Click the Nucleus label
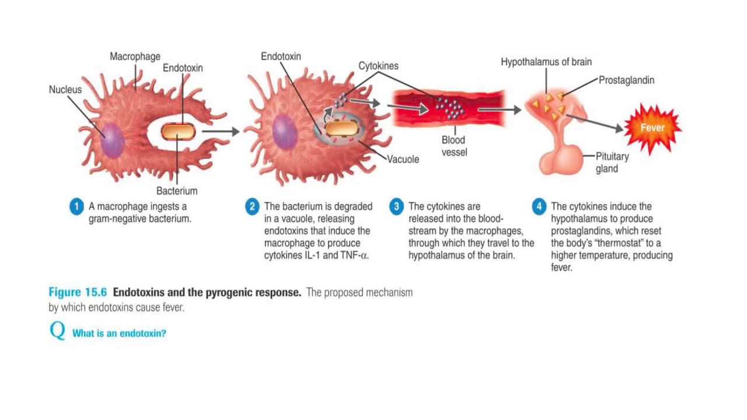tap(65, 89)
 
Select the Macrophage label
tap(135, 57)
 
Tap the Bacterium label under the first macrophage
tap(177, 191)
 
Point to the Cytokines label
tap(378, 66)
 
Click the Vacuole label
tap(403, 159)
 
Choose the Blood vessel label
tap(454, 146)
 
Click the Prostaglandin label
tap(627, 80)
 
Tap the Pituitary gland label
tap(612, 162)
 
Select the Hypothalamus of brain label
tap(546, 62)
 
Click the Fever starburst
tap(652, 128)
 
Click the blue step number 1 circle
tap(76, 206)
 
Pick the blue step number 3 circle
tap(396, 206)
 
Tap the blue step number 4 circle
tap(539, 206)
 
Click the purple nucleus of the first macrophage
tap(113, 141)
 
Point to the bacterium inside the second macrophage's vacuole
tap(342, 129)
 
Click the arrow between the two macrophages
tap(221, 131)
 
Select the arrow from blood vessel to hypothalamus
tap(499, 110)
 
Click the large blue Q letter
tap(57, 330)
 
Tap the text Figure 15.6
tap(78, 292)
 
